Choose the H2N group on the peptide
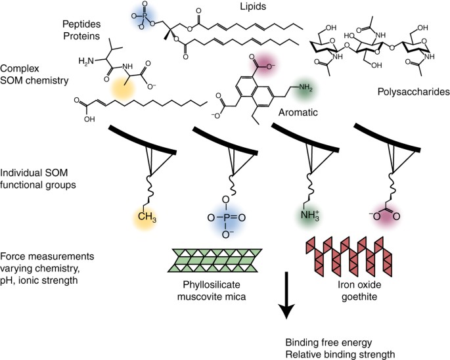tap(85, 60)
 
